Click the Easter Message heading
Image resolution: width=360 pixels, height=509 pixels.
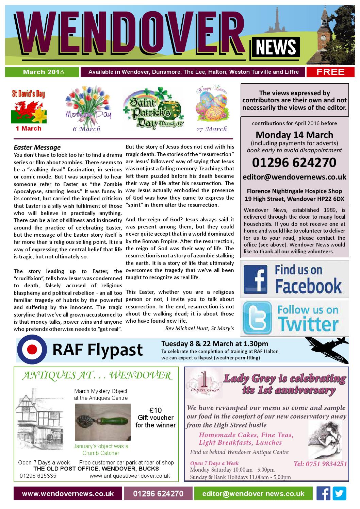[37, 148]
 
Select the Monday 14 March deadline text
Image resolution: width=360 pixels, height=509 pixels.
[294, 134]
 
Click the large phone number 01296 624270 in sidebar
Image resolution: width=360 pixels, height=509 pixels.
[294, 163]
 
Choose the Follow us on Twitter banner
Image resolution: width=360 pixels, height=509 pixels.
[294, 318]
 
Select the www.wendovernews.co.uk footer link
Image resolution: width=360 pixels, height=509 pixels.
[68, 494]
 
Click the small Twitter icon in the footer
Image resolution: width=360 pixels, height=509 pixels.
[339, 493]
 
